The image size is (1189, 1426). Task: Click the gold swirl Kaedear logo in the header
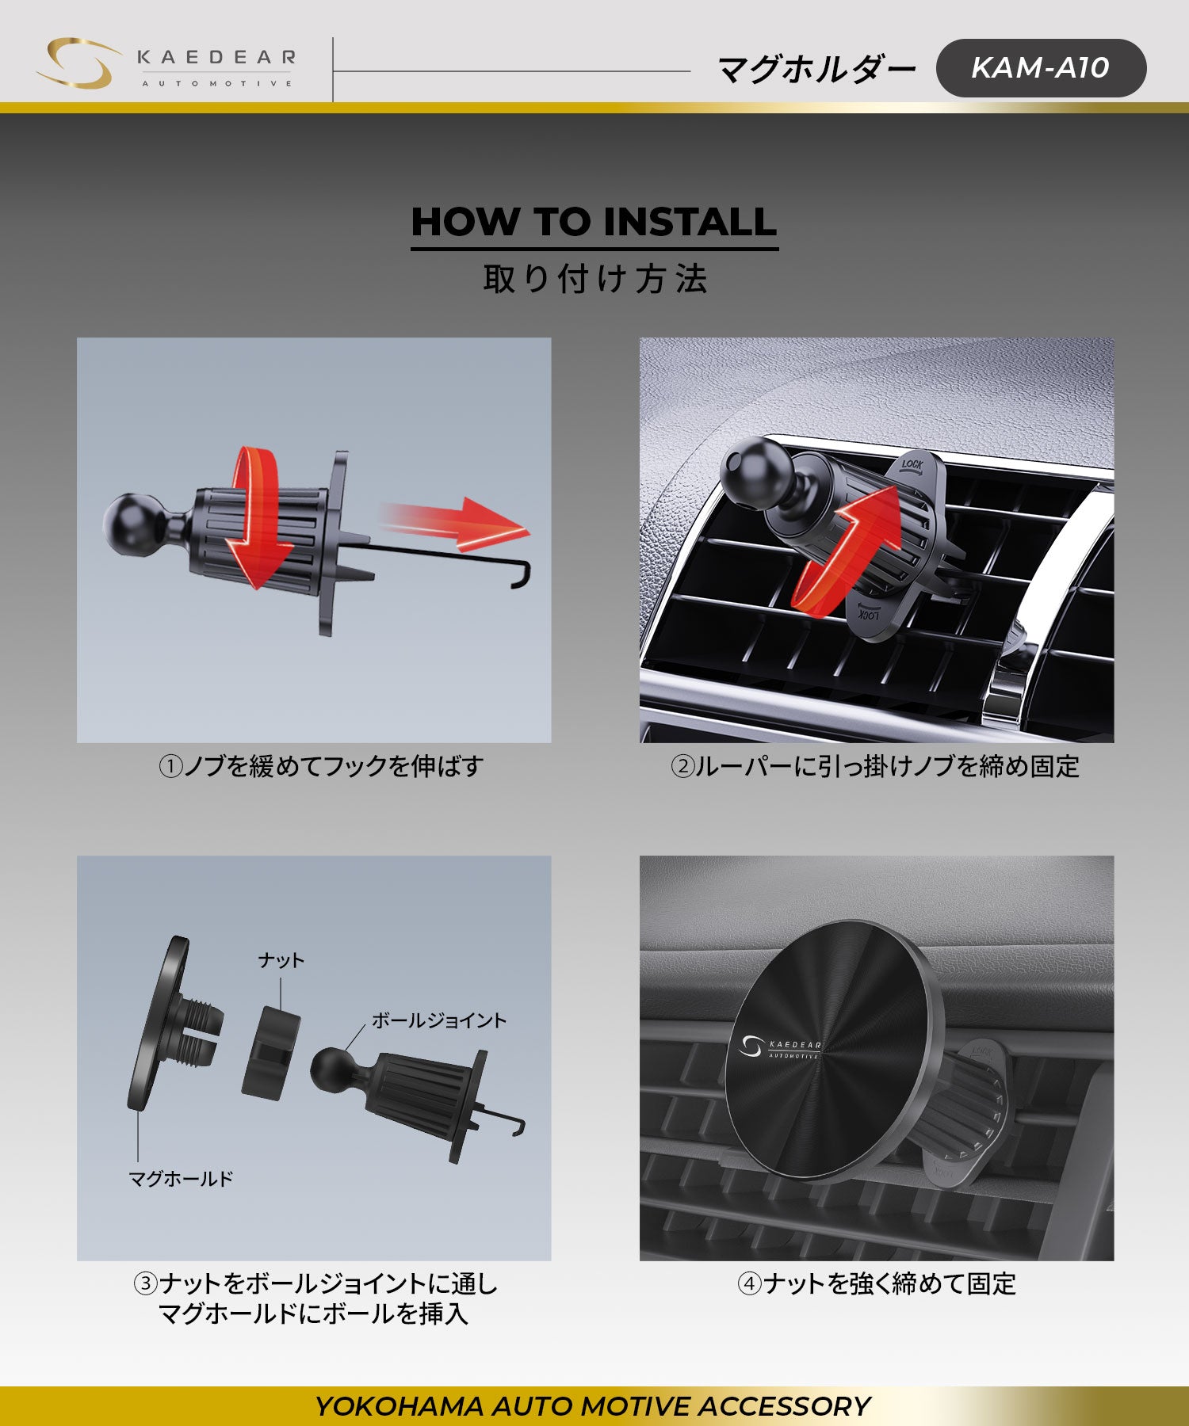pos(77,63)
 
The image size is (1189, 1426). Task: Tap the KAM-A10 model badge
pos(1041,68)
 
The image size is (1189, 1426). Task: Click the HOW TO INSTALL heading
pos(594,222)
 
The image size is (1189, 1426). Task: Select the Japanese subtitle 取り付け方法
pos(594,279)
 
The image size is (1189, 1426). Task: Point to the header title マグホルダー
pos(816,70)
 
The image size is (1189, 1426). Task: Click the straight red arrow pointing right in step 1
pos(452,523)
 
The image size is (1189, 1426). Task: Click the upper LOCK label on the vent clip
pos(912,465)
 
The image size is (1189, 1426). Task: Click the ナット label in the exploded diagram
pos(281,960)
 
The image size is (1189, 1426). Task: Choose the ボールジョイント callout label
pos(439,1020)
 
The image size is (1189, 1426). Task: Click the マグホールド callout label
pos(181,1179)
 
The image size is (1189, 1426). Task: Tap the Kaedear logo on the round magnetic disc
pos(781,1047)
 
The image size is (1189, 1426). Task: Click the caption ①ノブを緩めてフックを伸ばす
pos(321,766)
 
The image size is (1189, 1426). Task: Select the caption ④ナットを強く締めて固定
pos(877,1283)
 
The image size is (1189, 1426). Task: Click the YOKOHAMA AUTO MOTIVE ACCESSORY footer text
pos(593,1406)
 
